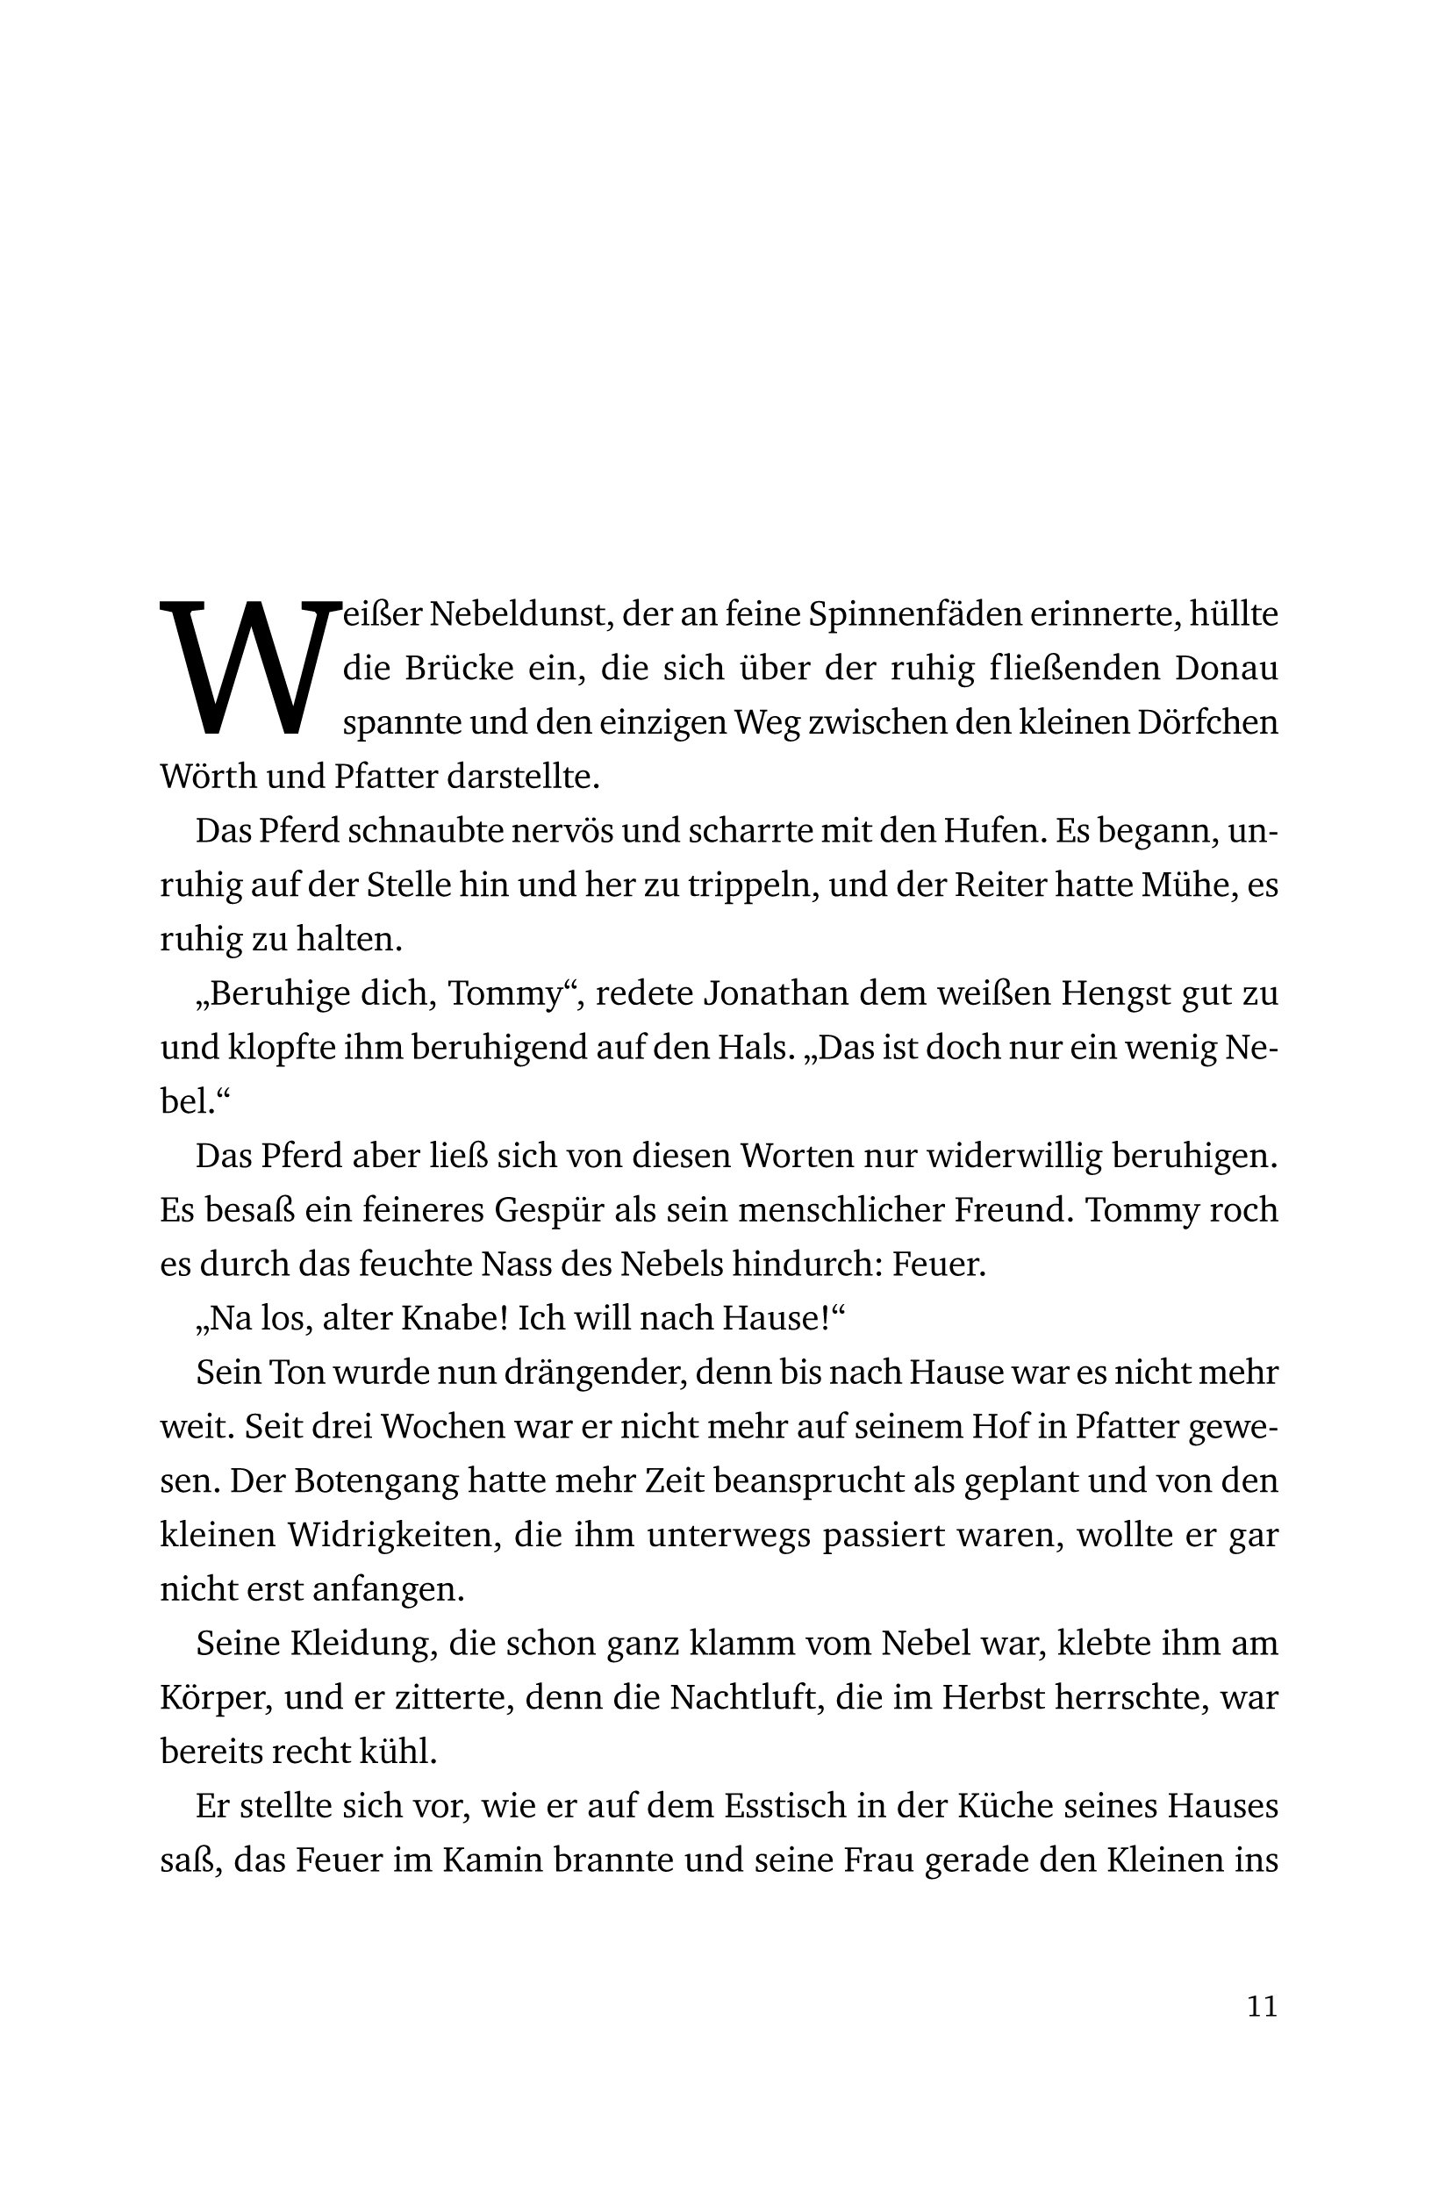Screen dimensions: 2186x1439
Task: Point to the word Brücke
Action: pos(460,669)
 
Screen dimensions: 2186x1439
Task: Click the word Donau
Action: pos(1226,669)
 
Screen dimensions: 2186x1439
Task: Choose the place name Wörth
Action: pos(208,777)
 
